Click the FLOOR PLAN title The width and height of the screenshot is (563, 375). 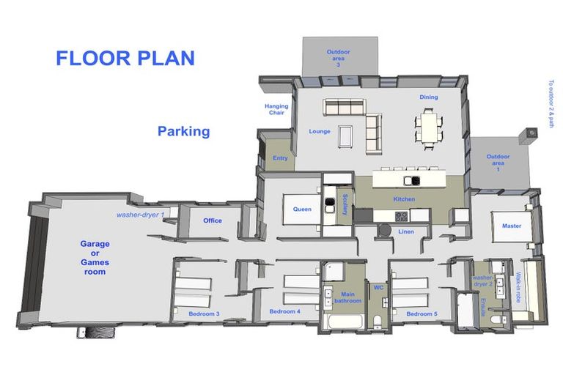125,59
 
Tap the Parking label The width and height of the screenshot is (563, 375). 183,132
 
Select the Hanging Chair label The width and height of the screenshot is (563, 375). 276,110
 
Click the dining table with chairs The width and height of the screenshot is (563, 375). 429,125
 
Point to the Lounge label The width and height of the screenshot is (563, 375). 320,132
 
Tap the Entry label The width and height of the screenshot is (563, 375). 280,158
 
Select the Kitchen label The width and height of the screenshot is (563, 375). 404,199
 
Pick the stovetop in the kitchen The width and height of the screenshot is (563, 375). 402,216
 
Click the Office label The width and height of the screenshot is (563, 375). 213,220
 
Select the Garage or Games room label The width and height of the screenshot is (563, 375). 93,258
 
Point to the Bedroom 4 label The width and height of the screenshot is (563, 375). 284,311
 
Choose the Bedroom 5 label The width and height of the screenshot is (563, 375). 422,313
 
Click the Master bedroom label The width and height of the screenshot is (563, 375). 512,226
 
